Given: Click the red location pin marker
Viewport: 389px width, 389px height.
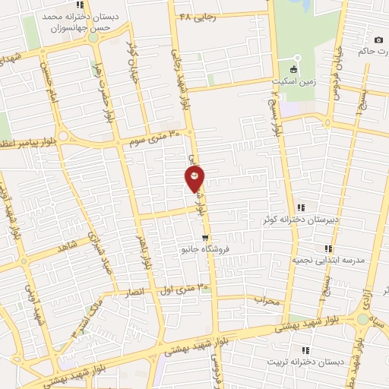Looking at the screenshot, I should click(x=194, y=178).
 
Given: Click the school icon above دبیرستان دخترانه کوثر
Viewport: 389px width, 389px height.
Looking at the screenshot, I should click(x=302, y=207).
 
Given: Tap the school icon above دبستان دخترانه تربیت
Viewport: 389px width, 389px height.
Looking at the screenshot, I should click(x=305, y=350).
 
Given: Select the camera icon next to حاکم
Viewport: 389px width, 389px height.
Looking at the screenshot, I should click(x=378, y=40).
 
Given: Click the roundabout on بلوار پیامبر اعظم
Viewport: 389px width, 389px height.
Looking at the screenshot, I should click(x=63, y=136).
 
